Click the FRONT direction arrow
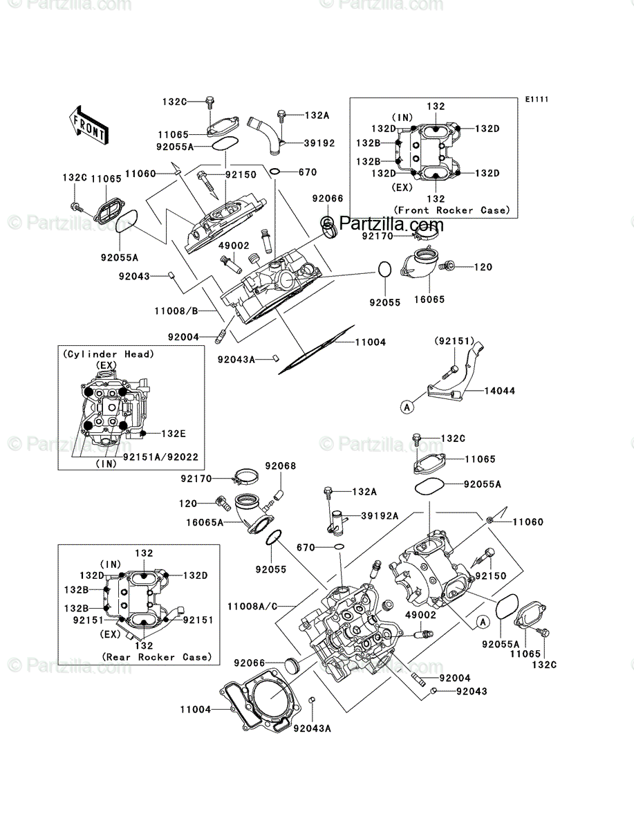[88, 124]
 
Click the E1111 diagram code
[537, 100]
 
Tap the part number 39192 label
[319, 143]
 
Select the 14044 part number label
[499, 391]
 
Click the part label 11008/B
[176, 311]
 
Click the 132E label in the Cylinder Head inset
[174, 434]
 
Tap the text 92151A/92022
[160, 457]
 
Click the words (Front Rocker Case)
[452, 210]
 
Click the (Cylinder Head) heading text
[109, 354]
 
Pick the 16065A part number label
[205, 523]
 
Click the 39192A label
[380, 516]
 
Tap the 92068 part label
[280, 466]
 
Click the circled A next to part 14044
[407, 407]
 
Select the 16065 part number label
[429, 299]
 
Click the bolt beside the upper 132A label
[281, 116]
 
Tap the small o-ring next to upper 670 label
[275, 172]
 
